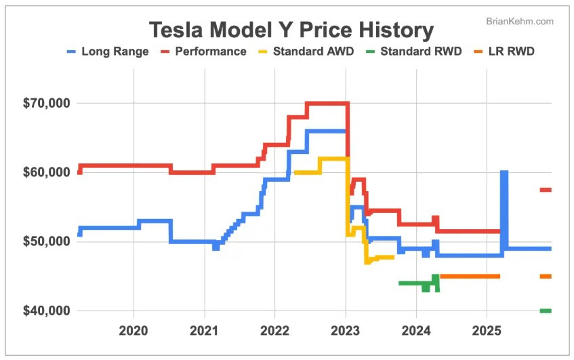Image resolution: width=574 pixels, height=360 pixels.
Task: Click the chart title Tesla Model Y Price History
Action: pyautogui.click(x=291, y=30)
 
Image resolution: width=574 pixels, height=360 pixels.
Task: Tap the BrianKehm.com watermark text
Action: pyautogui.click(x=520, y=22)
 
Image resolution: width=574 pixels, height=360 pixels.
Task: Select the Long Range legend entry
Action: pyautogui.click(x=108, y=52)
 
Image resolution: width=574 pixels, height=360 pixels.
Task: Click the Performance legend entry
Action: pyautogui.click(x=203, y=52)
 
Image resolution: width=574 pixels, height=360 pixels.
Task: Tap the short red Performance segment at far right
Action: pyautogui.click(x=545, y=190)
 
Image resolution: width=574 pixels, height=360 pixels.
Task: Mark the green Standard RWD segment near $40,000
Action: pyautogui.click(x=545, y=311)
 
